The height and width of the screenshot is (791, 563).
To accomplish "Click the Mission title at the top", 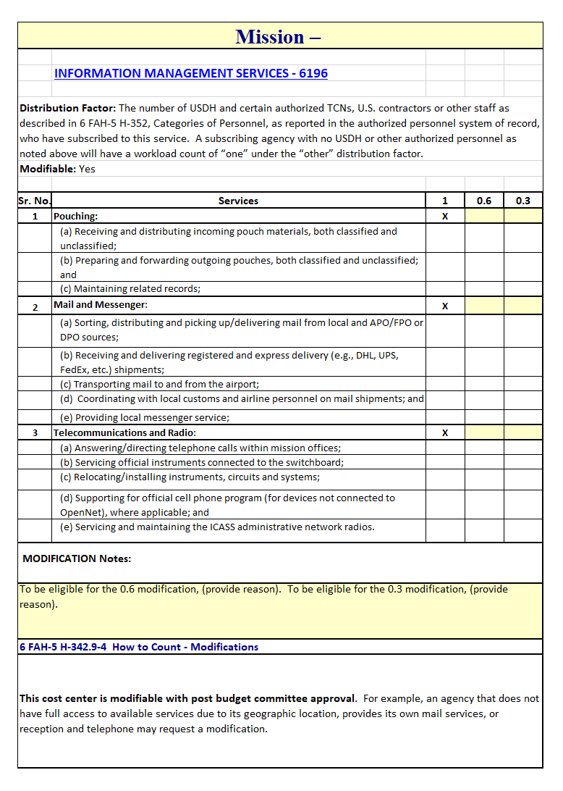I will pyautogui.click(x=279, y=36).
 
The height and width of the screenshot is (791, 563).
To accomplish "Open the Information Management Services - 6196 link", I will pyautogui.click(x=191, y=73).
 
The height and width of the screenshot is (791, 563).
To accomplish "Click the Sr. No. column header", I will pyautogui.click(x=34, y=201).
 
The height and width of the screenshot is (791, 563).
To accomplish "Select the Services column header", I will pyautogui.click(x=238, y=201).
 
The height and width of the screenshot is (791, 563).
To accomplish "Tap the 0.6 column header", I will pyautogui.click(x=483, y=201).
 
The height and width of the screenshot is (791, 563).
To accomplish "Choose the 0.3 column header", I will pyautogui.click(x=522, y=201).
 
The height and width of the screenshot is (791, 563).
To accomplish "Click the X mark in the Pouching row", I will pyautogui.click(x=445, y=216).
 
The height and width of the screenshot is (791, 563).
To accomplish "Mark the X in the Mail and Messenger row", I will pyautogui.click(x=445, y=306).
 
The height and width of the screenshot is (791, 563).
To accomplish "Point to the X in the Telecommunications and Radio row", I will pyautogui.click(x=445, y=432).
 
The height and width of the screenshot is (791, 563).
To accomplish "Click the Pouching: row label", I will pyautogui.click(x=76, y=216).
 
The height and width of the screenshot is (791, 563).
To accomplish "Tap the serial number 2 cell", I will pyautogui.click(x=35, y=306).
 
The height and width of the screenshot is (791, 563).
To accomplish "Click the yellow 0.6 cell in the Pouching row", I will pyautogui.click(x=483, y=216).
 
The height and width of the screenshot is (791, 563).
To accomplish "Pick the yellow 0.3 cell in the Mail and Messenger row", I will pyautogui.click(x=522, y=306).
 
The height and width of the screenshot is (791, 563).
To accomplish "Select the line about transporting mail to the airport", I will pyautogui.click(x=159, y=384).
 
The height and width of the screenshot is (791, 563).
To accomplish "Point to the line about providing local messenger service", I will pyautogui.click(x=145, y=417).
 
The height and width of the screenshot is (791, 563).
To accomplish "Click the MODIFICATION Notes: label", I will pyautogui.click(x=77, y=558).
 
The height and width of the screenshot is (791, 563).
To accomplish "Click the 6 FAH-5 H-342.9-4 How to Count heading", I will pyautogui.click(x=139, y=647).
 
